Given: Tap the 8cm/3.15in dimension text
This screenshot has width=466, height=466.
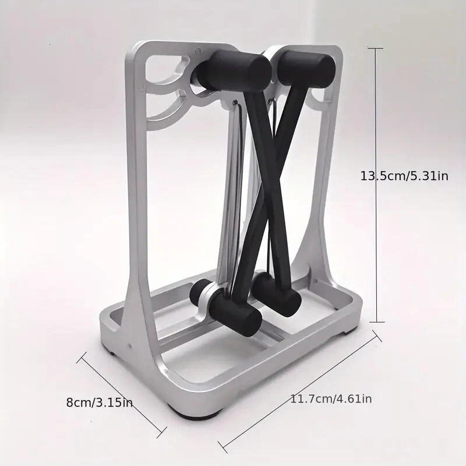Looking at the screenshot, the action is [x=99, y=403].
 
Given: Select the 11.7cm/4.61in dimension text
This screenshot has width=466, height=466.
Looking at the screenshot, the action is [x=331, y=399].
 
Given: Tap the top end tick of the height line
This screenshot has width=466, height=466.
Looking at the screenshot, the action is [x=375, y=48].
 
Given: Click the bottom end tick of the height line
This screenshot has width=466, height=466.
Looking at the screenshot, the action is [x=376, y=322].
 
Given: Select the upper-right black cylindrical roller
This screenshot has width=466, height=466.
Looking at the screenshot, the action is [x=306, y=69].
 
